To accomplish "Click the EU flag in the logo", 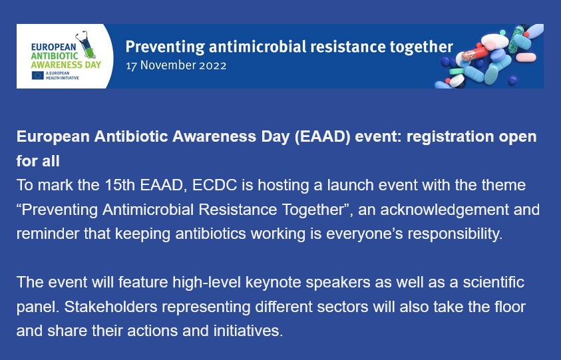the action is (x=37, y=75).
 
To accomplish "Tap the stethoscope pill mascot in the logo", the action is (x=86, y=45).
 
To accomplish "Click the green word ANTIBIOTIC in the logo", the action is (x=55, y=56).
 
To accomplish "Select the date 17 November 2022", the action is (x=176, y=65).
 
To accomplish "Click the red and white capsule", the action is (x=474, y=55).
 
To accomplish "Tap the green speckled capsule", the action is (x=516, y=39).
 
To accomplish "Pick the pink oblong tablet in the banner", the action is (x=526, y=57).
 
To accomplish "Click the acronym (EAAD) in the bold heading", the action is (x=322, y=136).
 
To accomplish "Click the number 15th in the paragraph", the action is (x=120, y=185).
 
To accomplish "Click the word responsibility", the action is (x=455, y=234).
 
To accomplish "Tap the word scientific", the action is (x=494, y=282).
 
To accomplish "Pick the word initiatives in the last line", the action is (x=248, y=331).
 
